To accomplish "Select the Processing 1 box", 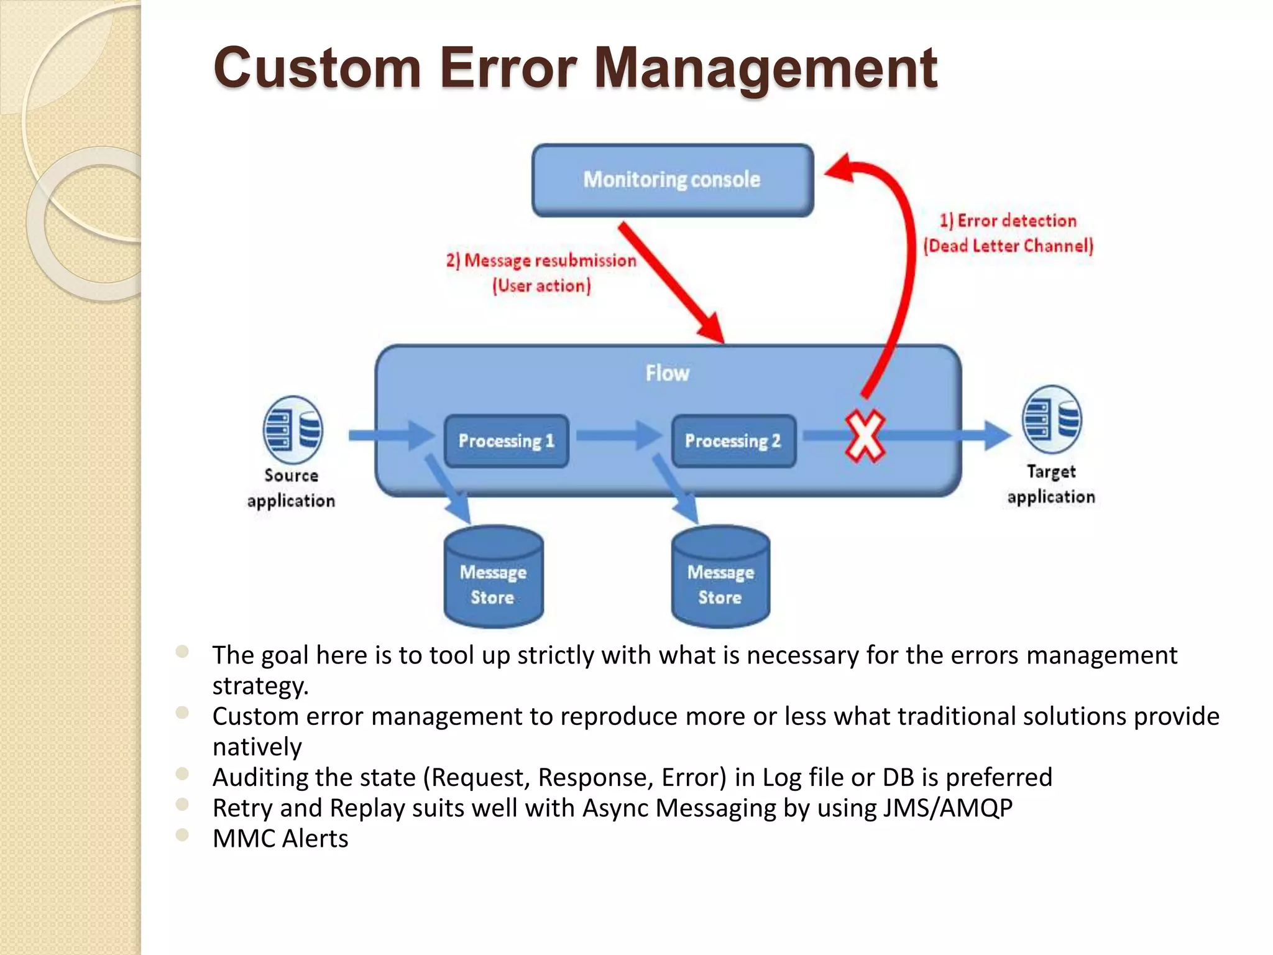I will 506,441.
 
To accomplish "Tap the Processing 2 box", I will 733,441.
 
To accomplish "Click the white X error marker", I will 865,436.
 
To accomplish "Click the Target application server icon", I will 1052,420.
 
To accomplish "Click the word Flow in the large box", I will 667,373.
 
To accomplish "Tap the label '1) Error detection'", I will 1008,221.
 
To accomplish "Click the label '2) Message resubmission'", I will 541,261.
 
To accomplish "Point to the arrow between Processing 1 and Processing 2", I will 618,435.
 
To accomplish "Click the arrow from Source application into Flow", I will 392,435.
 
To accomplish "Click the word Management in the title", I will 765,68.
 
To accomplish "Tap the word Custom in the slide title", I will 317,68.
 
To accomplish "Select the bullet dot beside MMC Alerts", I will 182,835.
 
